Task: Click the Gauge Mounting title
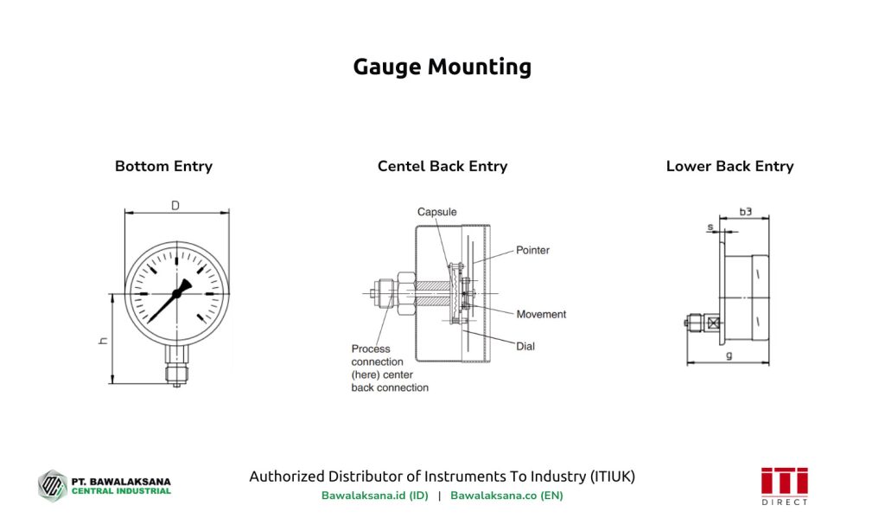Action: point(442,67)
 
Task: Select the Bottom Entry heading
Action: point(163,166)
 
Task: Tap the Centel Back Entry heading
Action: point(442,166)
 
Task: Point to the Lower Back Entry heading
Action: point(729,166)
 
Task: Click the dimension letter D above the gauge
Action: point(175,206)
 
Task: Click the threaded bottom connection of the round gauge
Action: point(176,372)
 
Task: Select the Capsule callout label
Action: point(436,212)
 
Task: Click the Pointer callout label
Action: point(532,250)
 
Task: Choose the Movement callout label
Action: point(541,314)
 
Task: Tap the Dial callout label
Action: point(525,346)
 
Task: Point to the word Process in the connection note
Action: point(370,349)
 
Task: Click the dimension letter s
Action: point(710,227)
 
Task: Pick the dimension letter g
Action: point(729,355)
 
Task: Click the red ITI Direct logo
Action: point(784,485)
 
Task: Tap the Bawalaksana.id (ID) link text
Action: point(374,496)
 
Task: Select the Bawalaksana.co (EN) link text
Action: point(506,496)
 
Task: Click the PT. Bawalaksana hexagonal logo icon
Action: point(52,485)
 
